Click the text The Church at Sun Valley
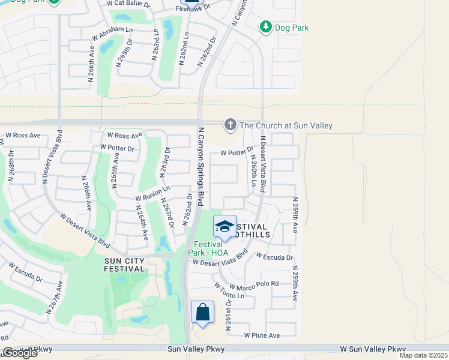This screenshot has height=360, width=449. (x=286, y=125)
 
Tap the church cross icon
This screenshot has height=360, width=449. (x=230, y=125)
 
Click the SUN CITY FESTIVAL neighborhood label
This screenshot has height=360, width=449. (x=124, y=265)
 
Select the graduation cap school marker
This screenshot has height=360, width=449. (x=224, y=227)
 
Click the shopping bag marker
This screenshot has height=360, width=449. (x=202, y=313)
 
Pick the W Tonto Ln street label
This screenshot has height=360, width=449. (x=229, y=291)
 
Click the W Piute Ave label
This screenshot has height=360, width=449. (x=262, y=335)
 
